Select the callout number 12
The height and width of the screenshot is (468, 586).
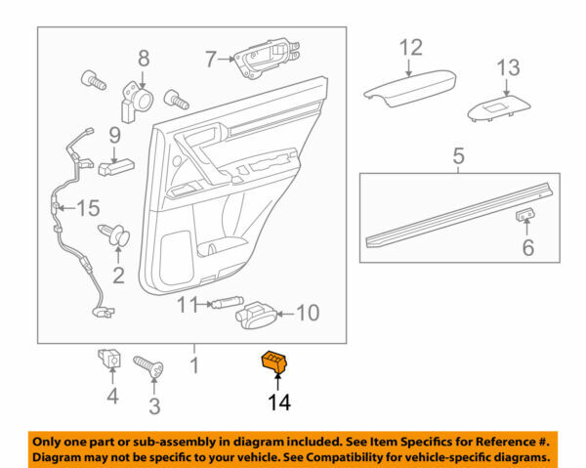(410, 47)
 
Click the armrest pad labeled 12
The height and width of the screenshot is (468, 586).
(402, 89)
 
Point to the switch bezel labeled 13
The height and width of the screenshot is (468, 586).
(498, 109)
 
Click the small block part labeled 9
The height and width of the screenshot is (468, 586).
(115, 167)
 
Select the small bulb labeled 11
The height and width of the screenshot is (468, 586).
(224, 305)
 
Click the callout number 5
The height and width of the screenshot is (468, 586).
(458, 155)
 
